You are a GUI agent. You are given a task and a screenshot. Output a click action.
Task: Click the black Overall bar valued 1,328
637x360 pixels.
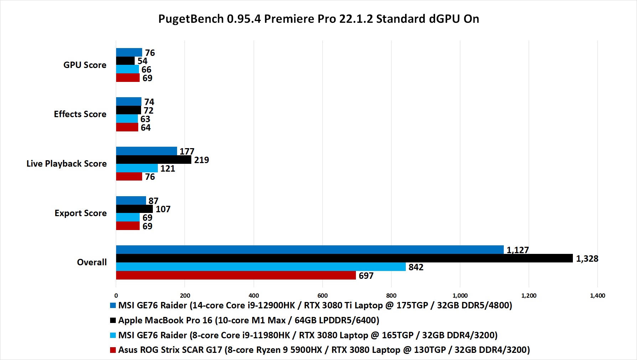click(x=344, y=258)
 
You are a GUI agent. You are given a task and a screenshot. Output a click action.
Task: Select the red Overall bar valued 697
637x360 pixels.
click(x=236, y=275)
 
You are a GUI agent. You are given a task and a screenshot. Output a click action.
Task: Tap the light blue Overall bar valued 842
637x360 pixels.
click(x=261, y=267)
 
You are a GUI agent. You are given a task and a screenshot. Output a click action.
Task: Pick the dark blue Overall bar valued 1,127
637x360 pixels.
click(x=310, y=250)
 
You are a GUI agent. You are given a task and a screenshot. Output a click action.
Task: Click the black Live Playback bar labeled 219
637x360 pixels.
click(x=154, y=160)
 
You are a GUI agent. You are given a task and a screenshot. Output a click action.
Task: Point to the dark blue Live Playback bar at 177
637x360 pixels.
click(x=146, y=151)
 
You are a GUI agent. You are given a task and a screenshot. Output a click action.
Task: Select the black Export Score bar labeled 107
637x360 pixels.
click(x=134, y=209)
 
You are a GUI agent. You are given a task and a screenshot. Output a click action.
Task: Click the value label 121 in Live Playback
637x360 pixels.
click(x=167, y=168)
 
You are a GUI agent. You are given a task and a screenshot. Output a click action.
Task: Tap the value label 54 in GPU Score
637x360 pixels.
click(x=142, y=61)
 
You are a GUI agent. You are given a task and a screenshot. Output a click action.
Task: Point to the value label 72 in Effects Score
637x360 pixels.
click(x=148, y=110)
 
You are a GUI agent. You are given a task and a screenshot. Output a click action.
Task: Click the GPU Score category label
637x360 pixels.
click(x=85, y=65)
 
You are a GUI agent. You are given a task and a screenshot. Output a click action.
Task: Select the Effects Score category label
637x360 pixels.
click(x=80, y=114)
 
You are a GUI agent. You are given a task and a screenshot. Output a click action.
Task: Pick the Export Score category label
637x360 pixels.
click(x=81, y=213)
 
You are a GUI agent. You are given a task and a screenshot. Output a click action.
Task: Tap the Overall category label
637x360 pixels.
click(x=92, y=262)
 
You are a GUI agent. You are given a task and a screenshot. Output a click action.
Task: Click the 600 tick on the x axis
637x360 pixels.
click(x=322, y=296)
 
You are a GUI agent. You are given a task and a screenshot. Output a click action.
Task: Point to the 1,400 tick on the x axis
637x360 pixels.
click(x=597, y=296)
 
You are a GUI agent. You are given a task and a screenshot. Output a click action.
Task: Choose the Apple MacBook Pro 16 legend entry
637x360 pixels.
click(x=248, y=320)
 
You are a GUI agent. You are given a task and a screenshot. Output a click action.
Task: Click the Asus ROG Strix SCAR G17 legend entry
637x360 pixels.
click(x=324, y=350)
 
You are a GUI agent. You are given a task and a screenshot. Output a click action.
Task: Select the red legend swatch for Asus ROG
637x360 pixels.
click(x=113, y=350)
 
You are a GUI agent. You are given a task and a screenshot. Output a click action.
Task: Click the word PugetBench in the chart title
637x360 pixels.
click(x=191, y=19)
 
